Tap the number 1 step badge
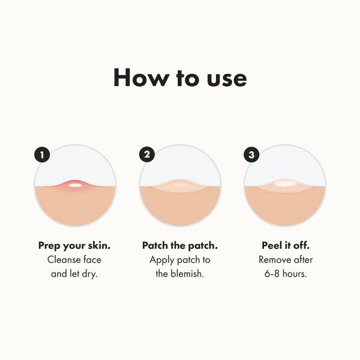click(x=42, y=155)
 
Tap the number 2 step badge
click(x=147, y=155)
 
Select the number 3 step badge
click(x=251, y=155)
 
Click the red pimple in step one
click(x=75, y=184)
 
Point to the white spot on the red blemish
click(x=75, y=185)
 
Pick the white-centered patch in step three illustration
click(x=284, y=184)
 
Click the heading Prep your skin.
click(x=75, y=245)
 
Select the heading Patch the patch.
click(x=180, y=245)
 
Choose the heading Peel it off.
click(x=286, y=245)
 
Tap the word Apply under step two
click(x=163, y=260)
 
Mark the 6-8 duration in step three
click(x=272, y=274)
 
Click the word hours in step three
click(x=296, y=274)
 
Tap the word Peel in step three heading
click(x=272, y=245)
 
